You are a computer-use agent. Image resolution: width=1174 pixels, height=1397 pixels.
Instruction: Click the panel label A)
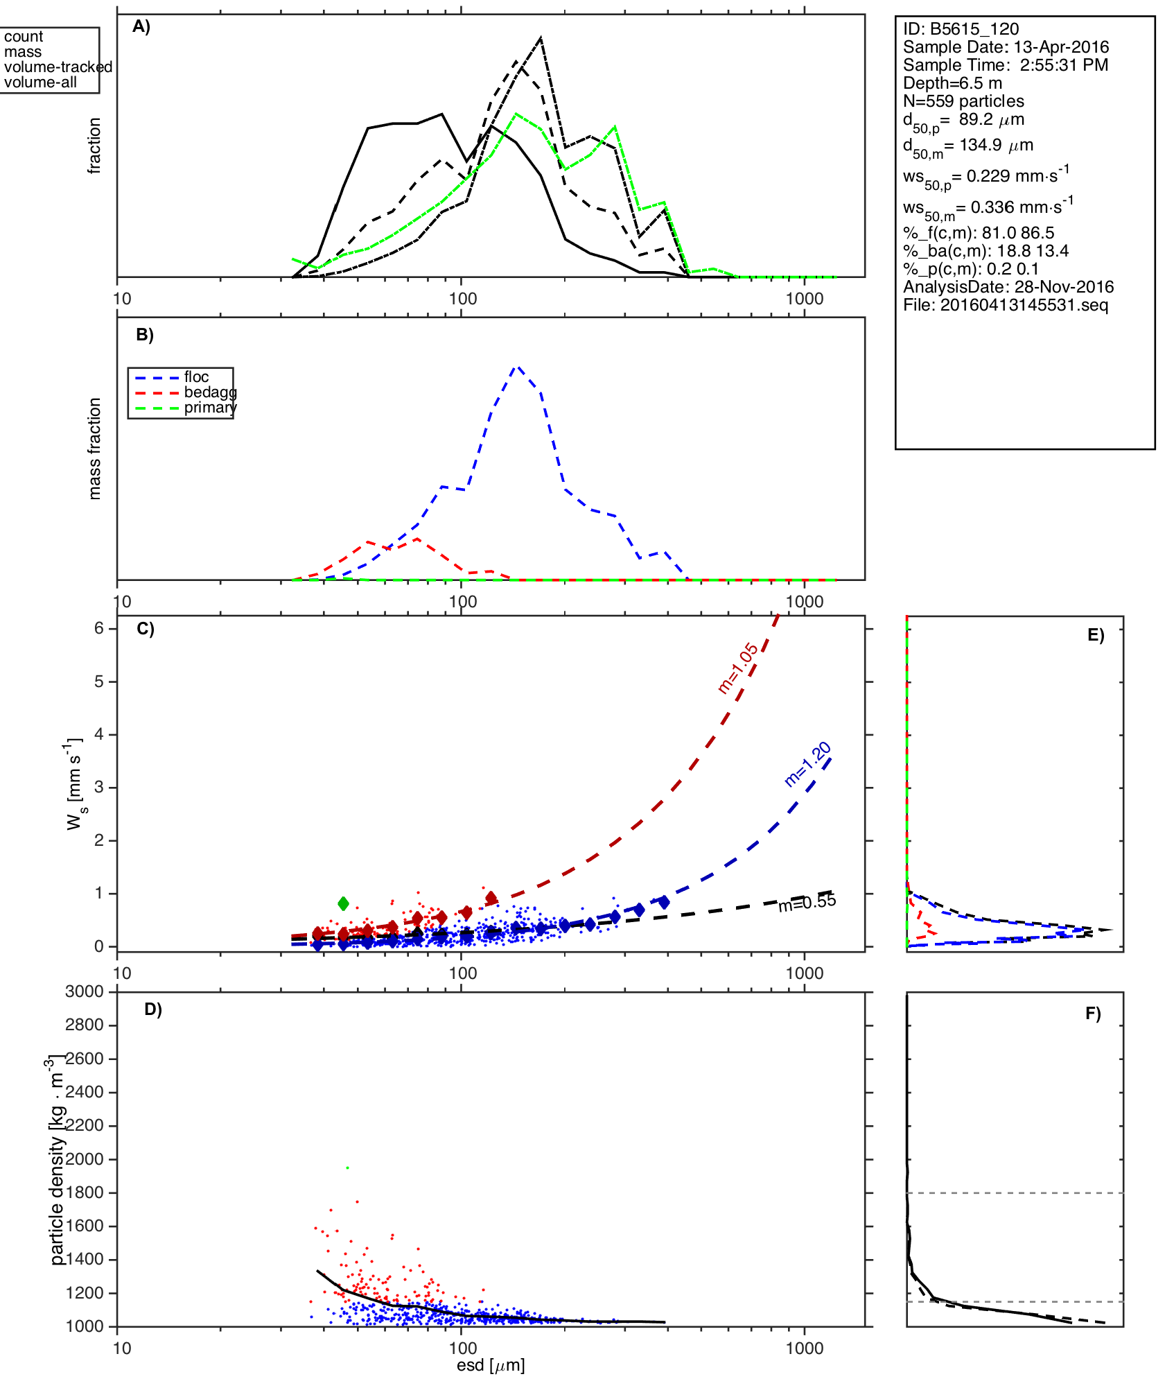141,27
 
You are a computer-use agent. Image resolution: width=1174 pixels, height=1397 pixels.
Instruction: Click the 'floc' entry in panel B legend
196,377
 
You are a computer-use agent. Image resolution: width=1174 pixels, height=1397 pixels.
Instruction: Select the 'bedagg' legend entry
210,392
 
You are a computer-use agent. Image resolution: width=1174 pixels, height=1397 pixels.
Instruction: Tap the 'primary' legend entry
210,408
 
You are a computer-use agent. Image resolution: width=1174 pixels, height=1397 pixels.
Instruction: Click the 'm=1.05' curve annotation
737,668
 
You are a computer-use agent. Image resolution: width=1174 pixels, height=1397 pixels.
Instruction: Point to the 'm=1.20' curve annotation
807,765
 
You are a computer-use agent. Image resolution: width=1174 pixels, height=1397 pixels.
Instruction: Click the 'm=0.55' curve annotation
807,903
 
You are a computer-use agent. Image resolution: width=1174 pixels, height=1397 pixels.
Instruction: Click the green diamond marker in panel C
343,903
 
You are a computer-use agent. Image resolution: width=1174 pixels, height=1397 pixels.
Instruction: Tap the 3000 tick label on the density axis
85,992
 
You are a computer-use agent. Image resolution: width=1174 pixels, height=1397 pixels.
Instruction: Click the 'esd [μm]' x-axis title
491,1365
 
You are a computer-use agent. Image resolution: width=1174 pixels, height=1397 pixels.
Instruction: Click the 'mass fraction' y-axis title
95,449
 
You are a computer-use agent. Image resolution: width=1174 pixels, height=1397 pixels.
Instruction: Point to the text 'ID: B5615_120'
961,29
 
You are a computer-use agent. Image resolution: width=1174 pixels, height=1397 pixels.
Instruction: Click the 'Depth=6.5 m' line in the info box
952,83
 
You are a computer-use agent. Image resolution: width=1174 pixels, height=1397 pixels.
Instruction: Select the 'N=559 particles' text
963,101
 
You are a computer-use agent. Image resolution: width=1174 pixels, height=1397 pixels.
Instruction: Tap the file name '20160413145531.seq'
1024,305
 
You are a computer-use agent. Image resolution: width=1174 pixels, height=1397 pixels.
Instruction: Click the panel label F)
1093,1014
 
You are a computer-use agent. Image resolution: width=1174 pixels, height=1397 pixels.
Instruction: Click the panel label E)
1096,636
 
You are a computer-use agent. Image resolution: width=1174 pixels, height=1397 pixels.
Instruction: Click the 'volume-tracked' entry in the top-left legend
58,67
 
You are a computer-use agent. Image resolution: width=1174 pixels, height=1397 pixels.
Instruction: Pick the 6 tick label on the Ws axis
99,628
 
